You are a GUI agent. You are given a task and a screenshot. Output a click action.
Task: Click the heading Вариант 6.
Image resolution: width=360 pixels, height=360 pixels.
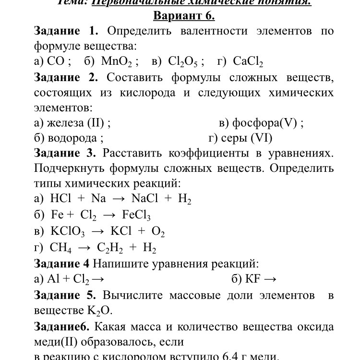pyautogui.click(x=184, y=16)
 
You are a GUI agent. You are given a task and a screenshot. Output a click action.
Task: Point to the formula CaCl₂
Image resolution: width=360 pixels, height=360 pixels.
pyautogui.click(x=248, y=61)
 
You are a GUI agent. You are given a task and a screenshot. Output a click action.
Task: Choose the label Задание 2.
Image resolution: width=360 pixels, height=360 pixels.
pyautogui.click(x=66, y=77)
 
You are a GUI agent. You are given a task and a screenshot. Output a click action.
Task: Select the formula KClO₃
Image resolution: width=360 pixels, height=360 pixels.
pyautogui.click(x=67, y=231)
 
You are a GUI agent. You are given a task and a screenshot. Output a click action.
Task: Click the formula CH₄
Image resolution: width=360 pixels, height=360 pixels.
pyautogui.click(x=62, y=248)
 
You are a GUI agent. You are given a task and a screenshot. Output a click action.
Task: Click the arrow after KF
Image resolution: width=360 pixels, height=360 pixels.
pyautogui.click(x=270, y=279)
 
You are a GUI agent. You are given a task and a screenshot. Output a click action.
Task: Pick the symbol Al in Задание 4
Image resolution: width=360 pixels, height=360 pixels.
pyautogui.click(x=52, y=279)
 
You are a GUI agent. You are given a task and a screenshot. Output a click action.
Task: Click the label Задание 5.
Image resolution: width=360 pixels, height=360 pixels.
pyautogui.click(x=65, y=295)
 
